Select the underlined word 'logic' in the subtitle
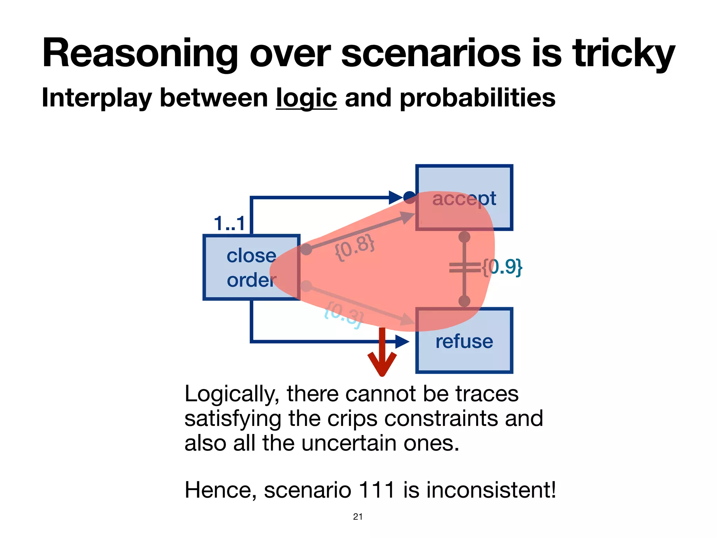point(306,98)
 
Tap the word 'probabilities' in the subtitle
point(478,98)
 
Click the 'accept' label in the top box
point(464,199)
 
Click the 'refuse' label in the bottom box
point(464,342)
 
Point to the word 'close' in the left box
point(251,256)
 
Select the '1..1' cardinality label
point(229,223)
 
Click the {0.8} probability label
point(355,248)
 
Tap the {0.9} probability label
point(502,267)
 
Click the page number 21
point(358,517)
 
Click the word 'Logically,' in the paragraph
point(231,394)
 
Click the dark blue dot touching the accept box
point(409,197)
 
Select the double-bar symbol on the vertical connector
point(465,268)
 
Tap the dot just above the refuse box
point(464,301)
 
